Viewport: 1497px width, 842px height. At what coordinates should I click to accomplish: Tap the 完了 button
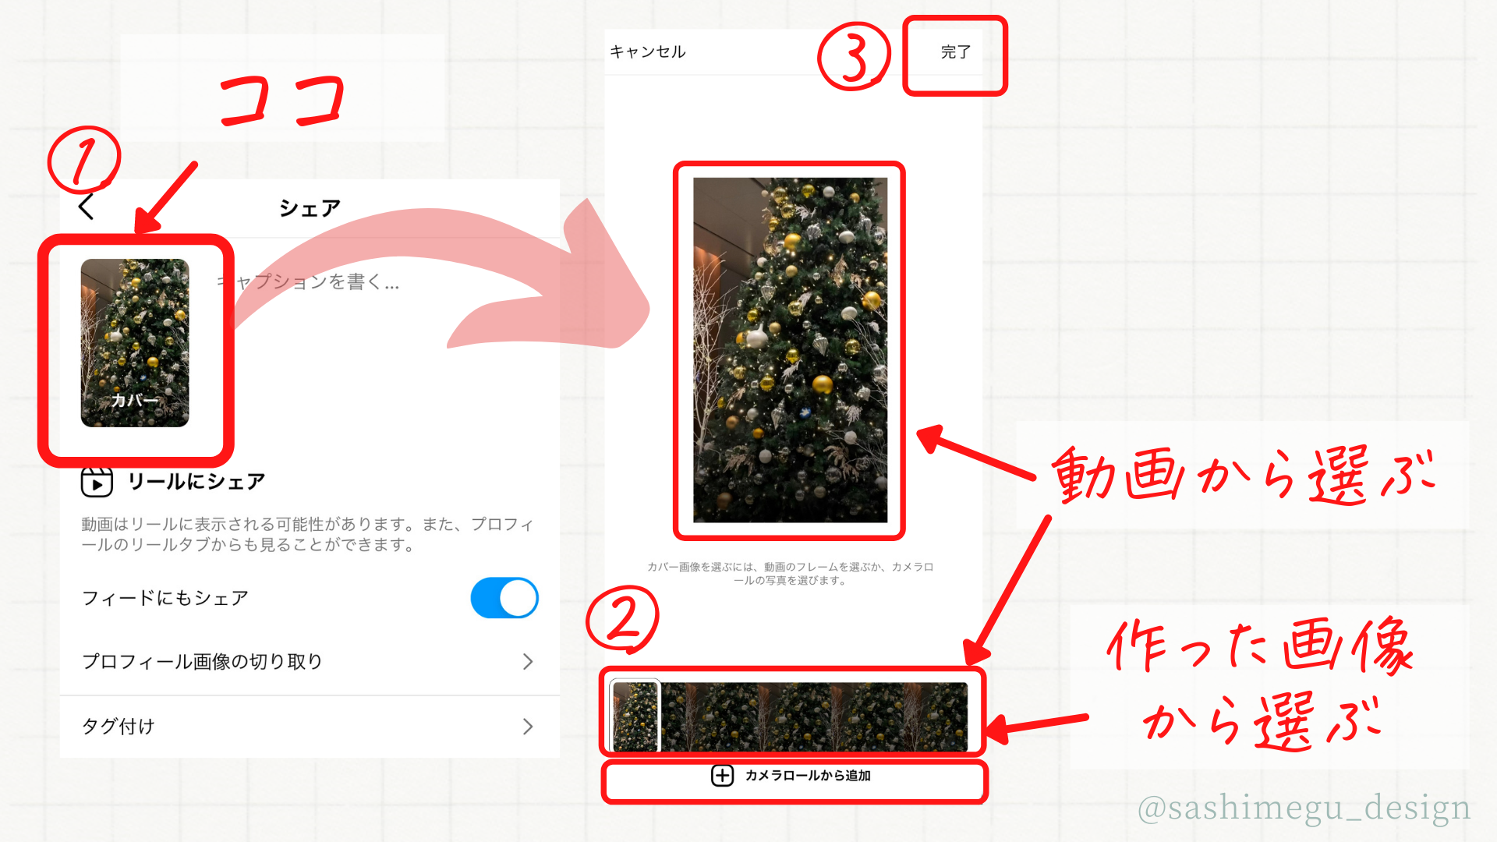tap(955, 52)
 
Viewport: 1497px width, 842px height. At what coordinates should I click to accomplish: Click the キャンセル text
tap(648, 52)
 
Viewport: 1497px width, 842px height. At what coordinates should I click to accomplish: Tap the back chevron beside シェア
tap(86, 207)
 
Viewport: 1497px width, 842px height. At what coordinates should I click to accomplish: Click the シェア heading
tap(310, 208)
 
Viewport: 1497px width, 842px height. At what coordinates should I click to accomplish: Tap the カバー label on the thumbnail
tap(134, 401)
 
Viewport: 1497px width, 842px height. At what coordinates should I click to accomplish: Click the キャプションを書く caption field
tap(308, 282)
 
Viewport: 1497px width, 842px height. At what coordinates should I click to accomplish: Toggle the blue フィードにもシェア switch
tap(504, 598)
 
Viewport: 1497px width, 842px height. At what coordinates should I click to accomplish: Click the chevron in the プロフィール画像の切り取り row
tap(528, 662)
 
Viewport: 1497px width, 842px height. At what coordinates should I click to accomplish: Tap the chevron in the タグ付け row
tap(528, 727)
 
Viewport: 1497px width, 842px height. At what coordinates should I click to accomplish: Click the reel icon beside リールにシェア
tap(97, 482)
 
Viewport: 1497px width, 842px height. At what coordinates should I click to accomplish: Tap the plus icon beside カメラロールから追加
tap(722, 776)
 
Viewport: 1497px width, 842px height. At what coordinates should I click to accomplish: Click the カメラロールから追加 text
tap(808, 776)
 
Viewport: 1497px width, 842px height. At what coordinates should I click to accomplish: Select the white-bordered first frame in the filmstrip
tap(635, 716)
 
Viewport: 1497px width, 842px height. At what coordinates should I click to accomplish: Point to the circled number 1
tap(84, 160)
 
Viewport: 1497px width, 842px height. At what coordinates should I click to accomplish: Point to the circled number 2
tap(622, 620)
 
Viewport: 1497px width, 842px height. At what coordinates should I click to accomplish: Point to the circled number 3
tap(854, 57)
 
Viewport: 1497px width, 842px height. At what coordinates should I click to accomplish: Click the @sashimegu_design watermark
tap(1304, 808)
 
